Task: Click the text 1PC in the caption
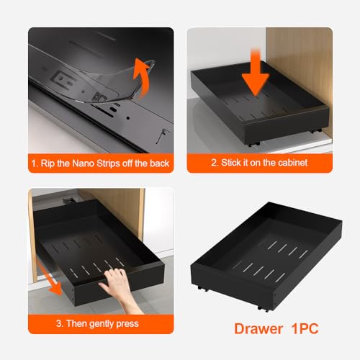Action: [x=302, y=329]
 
